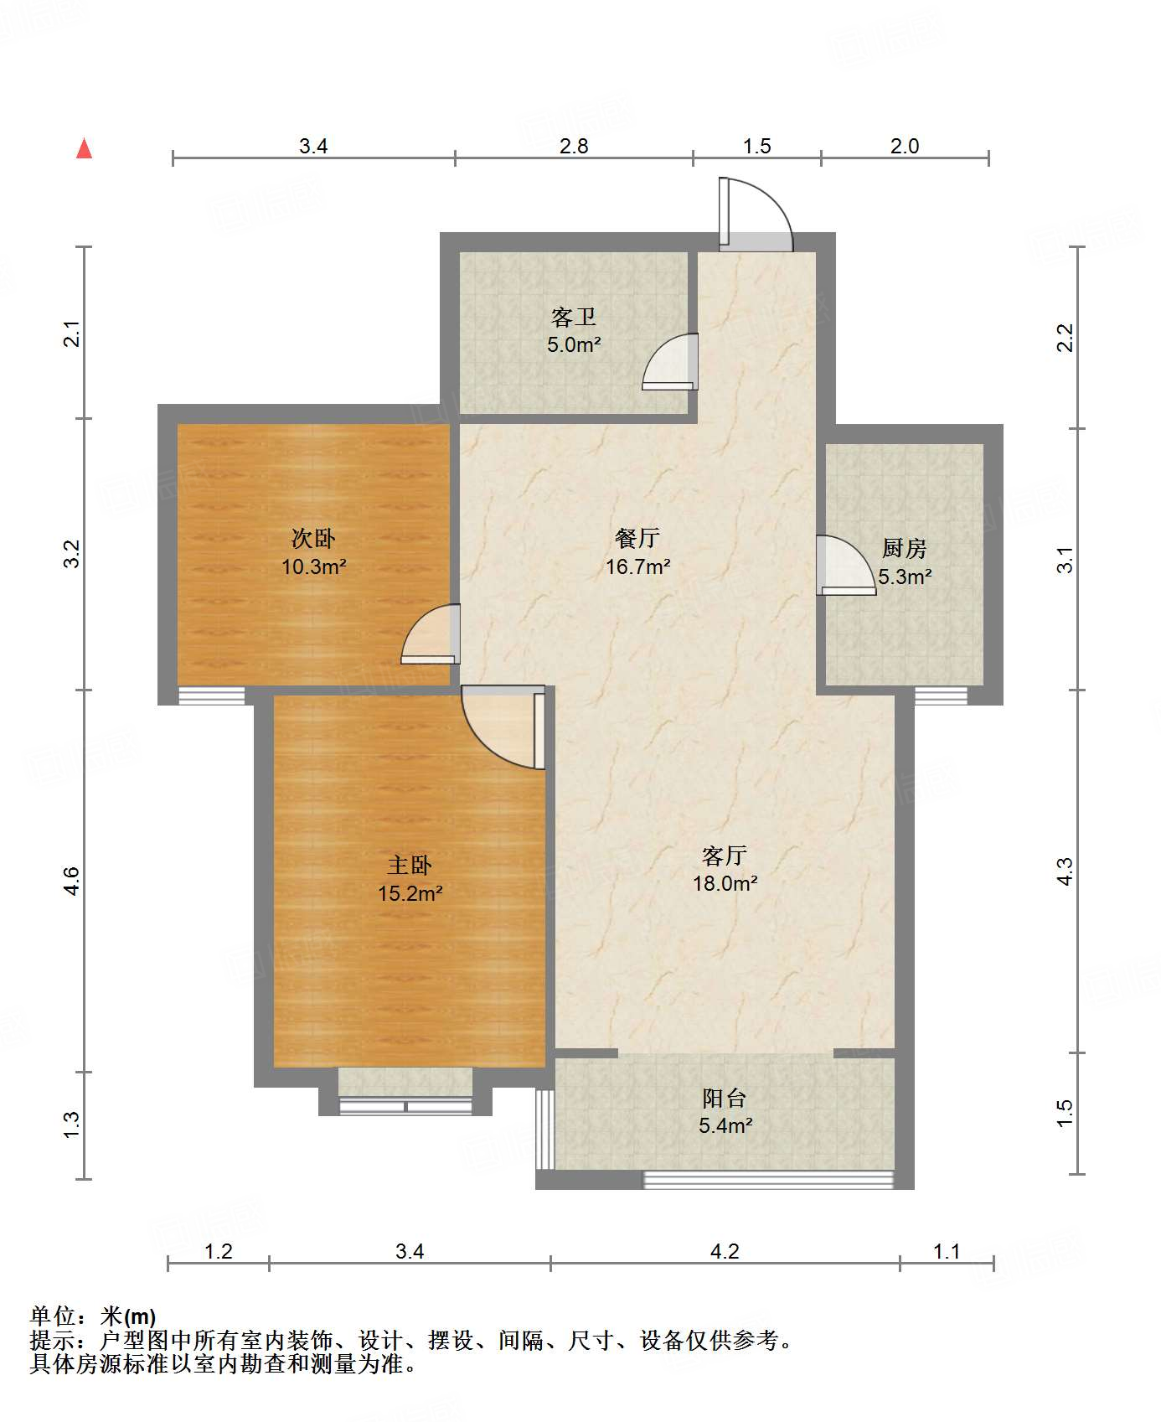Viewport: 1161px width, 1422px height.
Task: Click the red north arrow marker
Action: pos(84,148)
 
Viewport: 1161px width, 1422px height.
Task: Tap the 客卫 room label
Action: pos(574,318)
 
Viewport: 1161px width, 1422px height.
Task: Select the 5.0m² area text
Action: pos(574,344)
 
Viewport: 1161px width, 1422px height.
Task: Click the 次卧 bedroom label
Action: pos(313,538)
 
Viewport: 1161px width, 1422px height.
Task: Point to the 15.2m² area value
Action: pos(410,893)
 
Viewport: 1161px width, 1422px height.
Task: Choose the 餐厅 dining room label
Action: pos(637,539)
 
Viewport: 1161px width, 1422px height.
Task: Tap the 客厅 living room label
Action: pos(725,856)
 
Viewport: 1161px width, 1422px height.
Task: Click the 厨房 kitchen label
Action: pos(905,549)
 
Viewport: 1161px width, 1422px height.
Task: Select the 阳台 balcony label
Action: pos(725,1098)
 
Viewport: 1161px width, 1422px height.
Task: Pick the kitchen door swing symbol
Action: pos(846,565)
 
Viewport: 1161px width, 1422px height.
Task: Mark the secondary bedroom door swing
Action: pos(431,634)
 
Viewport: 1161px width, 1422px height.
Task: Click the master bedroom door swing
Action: pos(503,727)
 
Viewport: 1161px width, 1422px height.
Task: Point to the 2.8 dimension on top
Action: pos(574,146)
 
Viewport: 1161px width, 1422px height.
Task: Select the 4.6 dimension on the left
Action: pos(72,881)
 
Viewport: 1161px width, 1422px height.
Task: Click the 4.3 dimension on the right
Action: pos(1065,871)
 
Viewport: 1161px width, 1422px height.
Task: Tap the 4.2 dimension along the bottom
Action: pos(725,1251)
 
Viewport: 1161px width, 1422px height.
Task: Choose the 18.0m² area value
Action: pos(725,883)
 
